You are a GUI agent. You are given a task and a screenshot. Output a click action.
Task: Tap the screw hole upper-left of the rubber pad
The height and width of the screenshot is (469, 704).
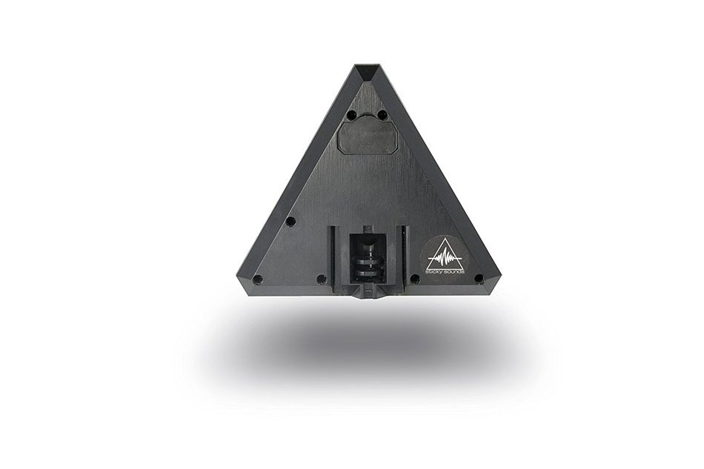[x=353, y=114]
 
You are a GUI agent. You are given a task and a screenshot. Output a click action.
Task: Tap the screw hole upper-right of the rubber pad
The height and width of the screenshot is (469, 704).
[x=382, y=114]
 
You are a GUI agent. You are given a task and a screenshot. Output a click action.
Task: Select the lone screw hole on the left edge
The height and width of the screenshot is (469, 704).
[x=291, y=221]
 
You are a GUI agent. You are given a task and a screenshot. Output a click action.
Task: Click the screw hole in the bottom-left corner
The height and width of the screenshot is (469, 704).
[x=257, y=279]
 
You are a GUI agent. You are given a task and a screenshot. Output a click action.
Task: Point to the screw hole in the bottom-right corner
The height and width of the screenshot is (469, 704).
[x=479, y=279]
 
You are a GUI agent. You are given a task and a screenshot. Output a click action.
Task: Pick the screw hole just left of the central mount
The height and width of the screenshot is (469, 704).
[x=321, y=279]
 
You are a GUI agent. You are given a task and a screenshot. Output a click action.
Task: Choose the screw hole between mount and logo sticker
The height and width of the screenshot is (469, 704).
[x=415, y=279]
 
